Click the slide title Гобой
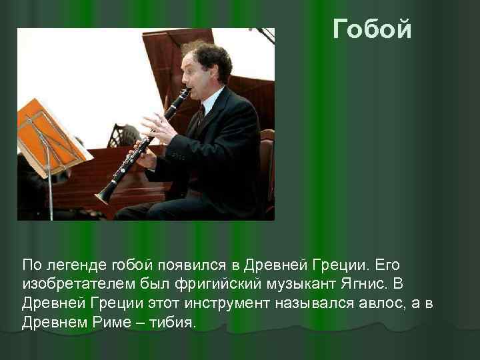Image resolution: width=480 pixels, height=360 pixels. pyautogui.click(x=372, y=29)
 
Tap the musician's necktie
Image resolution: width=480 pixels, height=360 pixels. pyautogui.click(x=199, y=120)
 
